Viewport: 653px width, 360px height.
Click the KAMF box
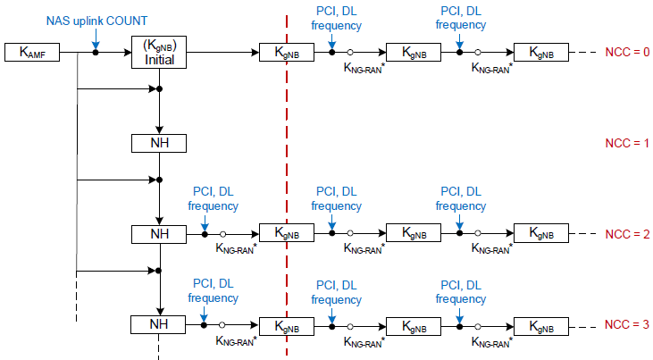pos(32,53)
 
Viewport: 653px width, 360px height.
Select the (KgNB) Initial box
pos(159,53)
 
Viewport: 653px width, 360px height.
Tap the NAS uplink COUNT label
pos(96,21)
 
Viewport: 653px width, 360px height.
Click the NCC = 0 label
pos(627,52)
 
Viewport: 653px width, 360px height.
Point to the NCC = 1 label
pos(627,143)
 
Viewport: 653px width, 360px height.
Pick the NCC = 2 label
pos(627,234)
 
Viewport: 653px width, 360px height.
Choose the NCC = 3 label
pos(627,324)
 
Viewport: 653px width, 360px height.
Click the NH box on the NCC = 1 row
pos(159,143)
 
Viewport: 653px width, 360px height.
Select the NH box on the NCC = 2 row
pos(159,234)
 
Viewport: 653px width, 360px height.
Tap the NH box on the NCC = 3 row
pos(158,324)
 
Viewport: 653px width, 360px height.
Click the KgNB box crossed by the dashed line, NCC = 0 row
pos(287,53)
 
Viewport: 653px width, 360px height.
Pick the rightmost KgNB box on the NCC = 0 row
pos(541,53)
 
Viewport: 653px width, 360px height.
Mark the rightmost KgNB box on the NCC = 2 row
pos(541,233)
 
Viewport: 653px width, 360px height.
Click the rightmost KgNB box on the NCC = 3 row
pos(541,327)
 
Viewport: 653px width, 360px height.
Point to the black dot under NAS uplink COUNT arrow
pos(96,53)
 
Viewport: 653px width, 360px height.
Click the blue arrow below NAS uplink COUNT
pos(96,39)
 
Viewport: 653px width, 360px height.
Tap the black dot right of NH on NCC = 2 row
pos(205,235)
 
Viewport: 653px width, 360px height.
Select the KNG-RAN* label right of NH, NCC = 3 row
pos(236,341)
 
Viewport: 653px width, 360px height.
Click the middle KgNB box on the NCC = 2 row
pos(414,233)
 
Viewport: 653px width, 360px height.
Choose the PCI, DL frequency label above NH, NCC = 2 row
pos(213,198)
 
